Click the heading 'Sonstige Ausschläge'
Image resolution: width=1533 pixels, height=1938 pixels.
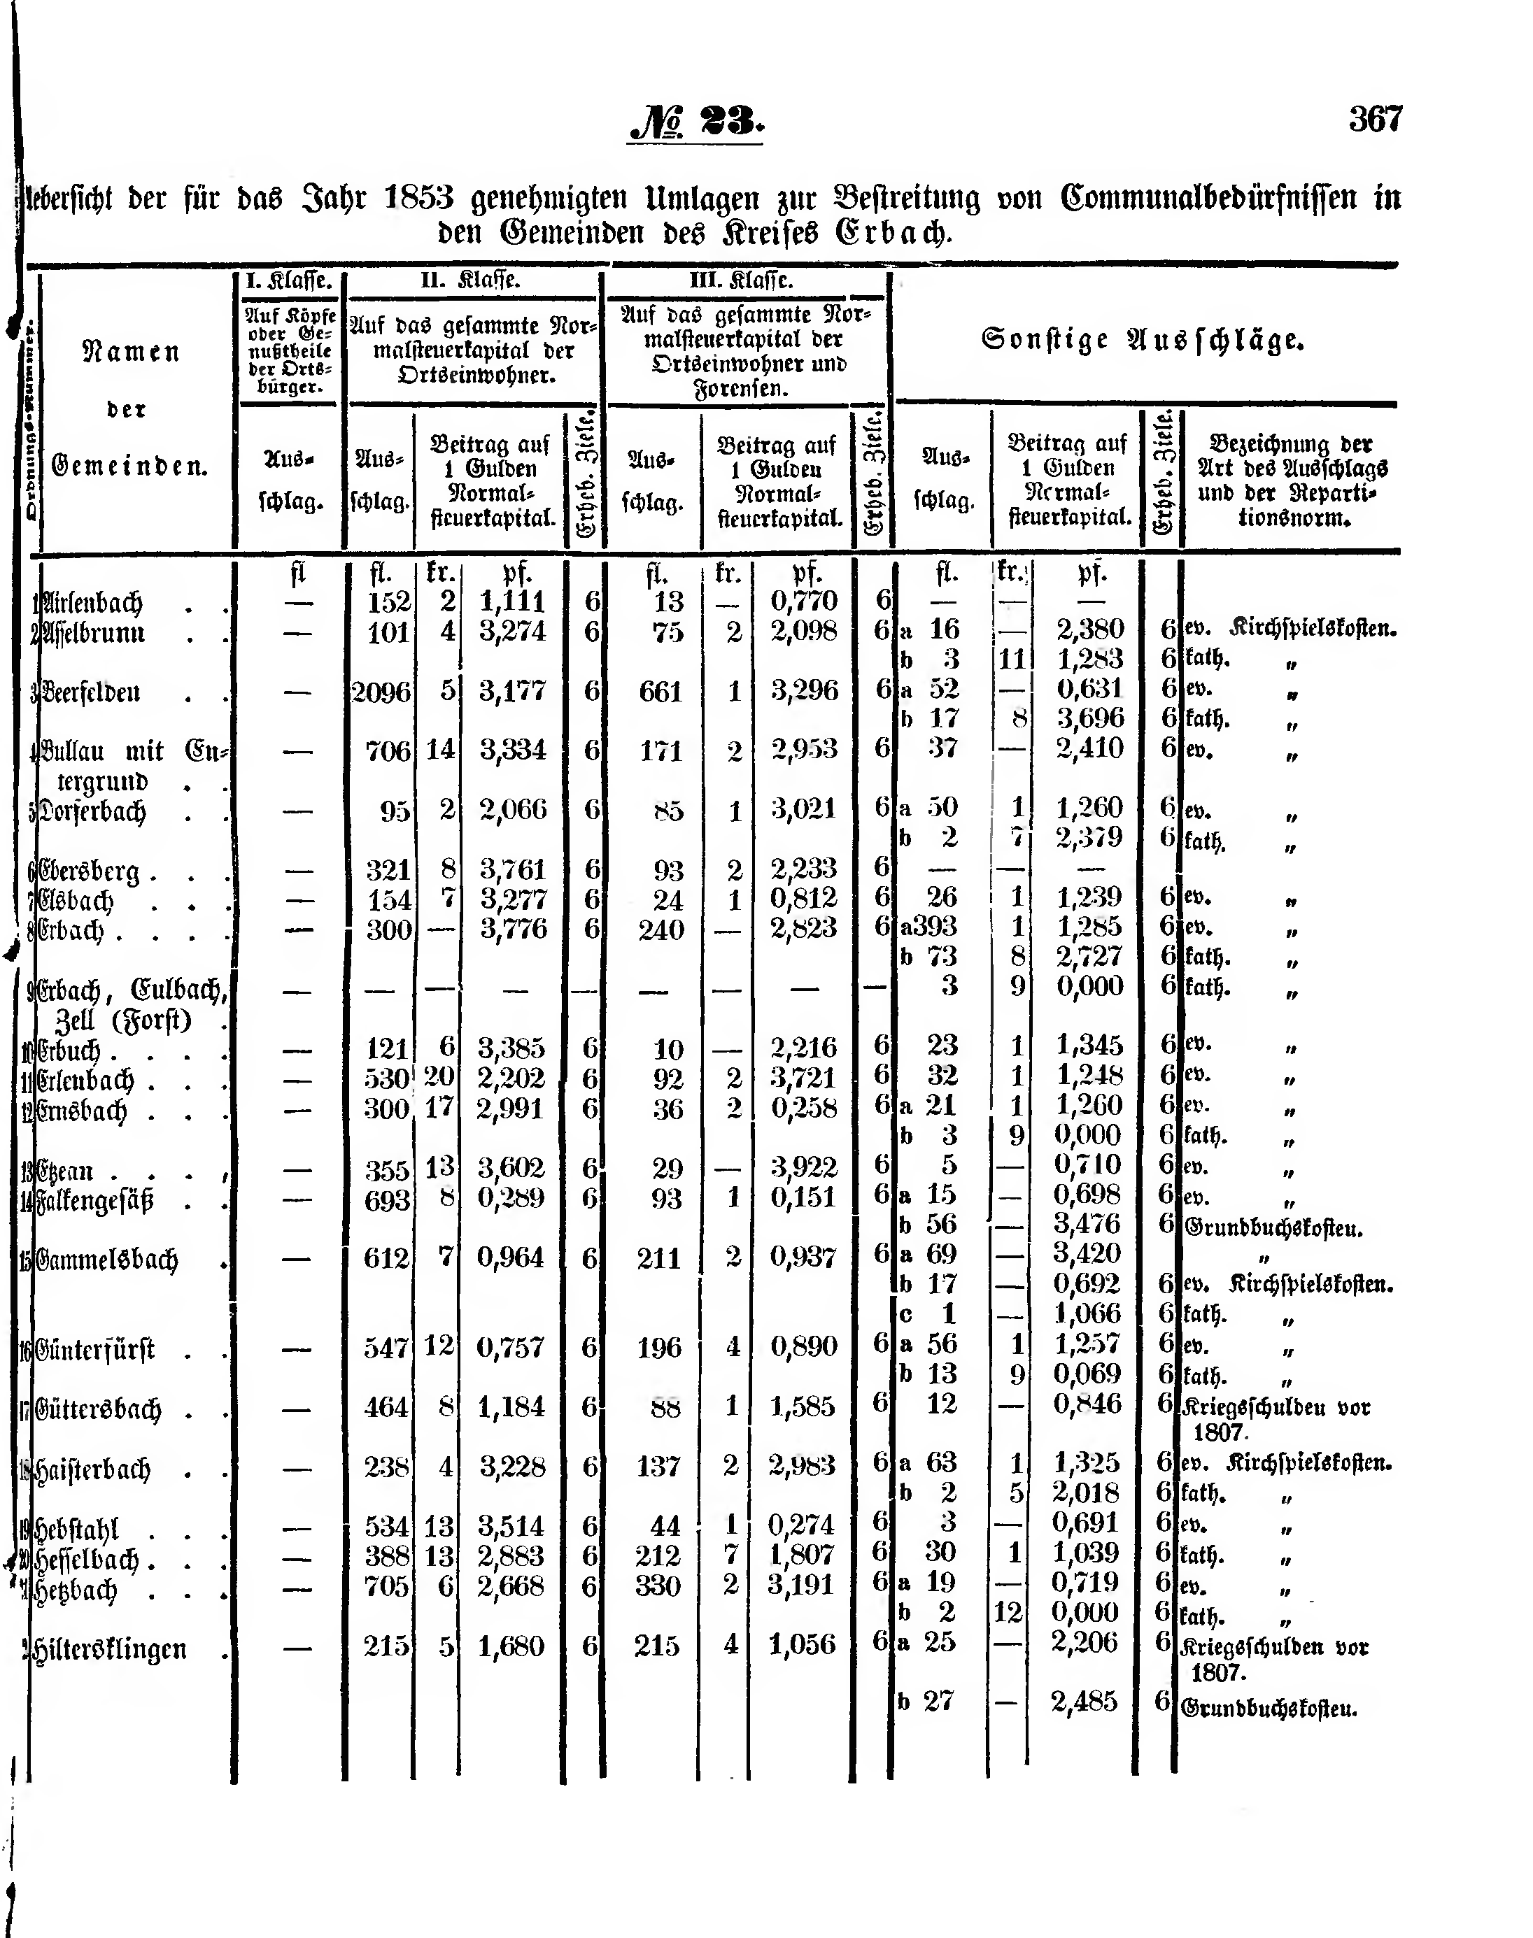tap(1143, 341)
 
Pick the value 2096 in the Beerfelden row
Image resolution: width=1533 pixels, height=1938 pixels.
tap(381, 692)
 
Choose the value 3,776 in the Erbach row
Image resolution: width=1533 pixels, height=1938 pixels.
tap(512, 929)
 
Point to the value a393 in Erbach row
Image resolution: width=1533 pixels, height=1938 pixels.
tap(930, 927)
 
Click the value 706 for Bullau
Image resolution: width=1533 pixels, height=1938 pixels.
tap(388, 751)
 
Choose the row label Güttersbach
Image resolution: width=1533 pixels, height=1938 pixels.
tap(98, 1409)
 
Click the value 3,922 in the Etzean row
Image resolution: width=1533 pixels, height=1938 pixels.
tap(803, 1167)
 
